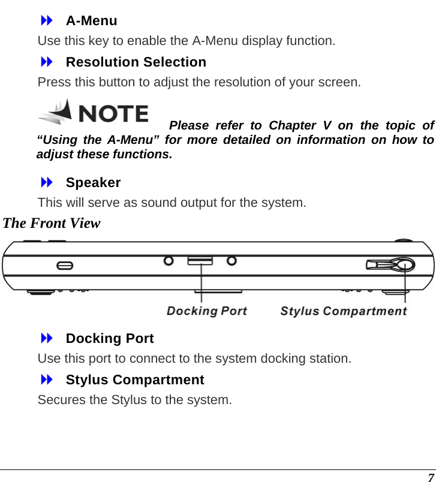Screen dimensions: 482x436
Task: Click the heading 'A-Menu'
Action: point(91,21)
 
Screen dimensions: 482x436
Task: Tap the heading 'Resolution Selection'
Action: point(136,62)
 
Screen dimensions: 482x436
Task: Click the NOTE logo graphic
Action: point(93,112)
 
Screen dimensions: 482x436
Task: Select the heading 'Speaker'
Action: point(93,182)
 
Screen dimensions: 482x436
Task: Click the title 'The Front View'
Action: point(52,224)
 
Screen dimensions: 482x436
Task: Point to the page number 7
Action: point(430,477)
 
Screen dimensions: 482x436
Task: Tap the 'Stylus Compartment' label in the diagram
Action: point(344,311)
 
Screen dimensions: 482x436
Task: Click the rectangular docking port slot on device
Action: point(200,261)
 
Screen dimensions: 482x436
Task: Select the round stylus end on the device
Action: point(405,264)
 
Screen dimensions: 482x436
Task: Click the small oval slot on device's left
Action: point(65,265)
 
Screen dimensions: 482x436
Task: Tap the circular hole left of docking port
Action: point(169,261)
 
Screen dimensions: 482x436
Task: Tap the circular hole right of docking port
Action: point(231,261)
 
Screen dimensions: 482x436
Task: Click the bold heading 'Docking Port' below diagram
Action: point(110,339)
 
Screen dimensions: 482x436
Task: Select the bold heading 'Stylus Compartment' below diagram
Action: point(135,380)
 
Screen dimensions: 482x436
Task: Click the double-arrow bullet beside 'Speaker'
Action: point(47,182)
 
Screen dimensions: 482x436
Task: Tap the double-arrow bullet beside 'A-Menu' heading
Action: point(47,21)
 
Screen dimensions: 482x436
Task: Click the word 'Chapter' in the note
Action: point(293,126)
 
